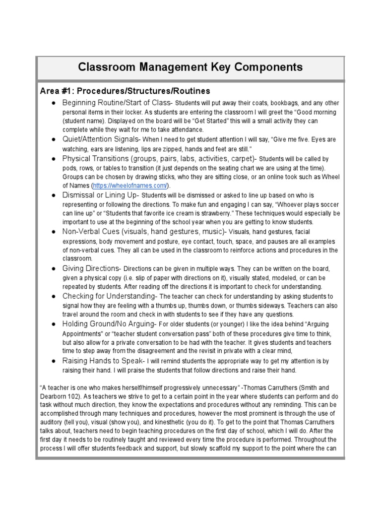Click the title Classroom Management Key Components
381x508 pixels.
(190, 67)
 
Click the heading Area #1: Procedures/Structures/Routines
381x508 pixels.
(125, 91)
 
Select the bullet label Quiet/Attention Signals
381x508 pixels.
(101, 139)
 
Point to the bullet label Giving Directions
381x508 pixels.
(91, 268)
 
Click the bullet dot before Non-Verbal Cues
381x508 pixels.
(52, 232)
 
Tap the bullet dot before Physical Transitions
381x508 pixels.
(52, 159)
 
